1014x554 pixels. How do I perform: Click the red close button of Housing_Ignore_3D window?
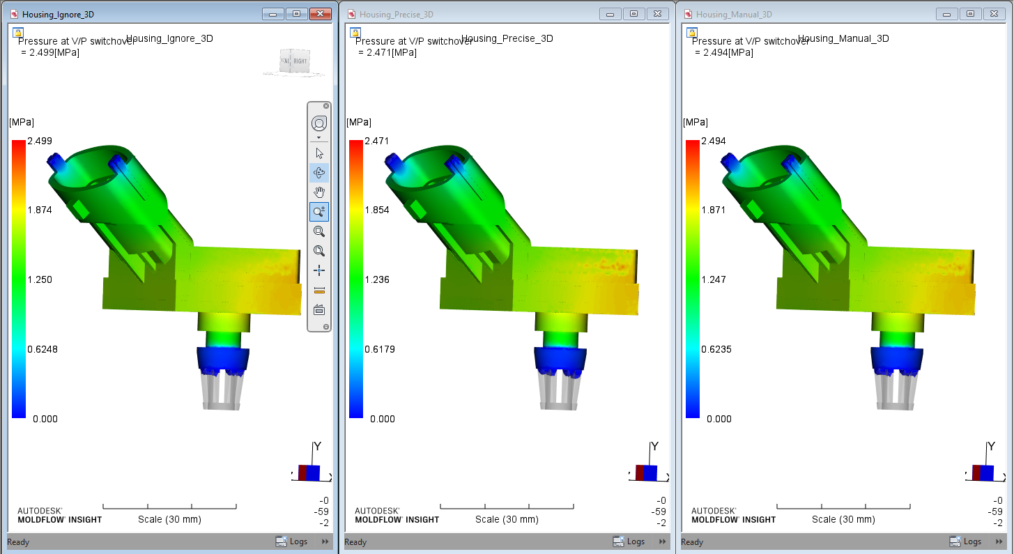[x=320, y=14]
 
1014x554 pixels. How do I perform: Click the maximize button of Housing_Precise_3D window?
[x=633, y=14]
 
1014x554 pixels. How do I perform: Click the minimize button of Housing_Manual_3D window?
[x=947, y=14]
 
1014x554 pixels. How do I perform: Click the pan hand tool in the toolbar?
[x=319, y=192]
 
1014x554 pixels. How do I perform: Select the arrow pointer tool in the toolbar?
[x=319, y=153]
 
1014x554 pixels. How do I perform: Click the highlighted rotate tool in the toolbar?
[x=319, y=173]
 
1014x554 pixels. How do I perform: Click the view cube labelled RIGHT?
[x=298, y=61]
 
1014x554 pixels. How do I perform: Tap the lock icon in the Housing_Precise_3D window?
[x=355, y=32]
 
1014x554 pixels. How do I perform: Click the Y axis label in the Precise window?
[x=654, y=447]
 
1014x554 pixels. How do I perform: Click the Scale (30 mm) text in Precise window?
[x=507, y=519]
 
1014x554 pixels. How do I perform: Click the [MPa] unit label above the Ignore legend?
[x=22, y=123]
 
